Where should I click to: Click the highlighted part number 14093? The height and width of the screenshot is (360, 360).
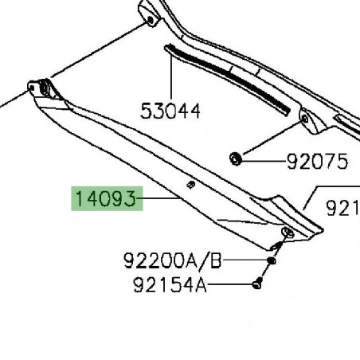pos(107,198)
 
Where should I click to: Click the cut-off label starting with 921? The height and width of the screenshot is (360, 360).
pos(343,208)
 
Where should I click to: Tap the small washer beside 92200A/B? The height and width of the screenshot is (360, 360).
pos(272,260)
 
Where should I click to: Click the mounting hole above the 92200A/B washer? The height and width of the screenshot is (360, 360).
pos(288,233)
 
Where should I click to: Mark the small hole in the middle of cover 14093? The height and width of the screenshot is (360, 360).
pos(191,185)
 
